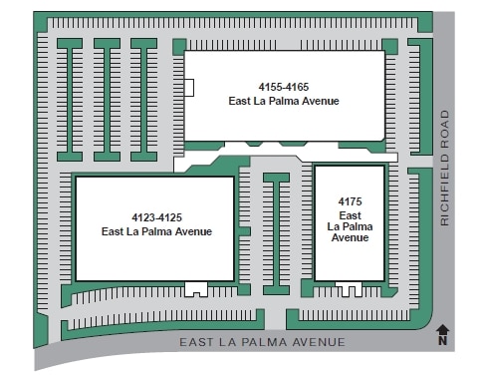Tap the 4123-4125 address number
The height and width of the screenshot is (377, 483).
(x=156, y=217)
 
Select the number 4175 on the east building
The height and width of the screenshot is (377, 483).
(x=350, y=202)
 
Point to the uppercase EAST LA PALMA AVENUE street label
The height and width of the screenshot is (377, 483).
(x=262, y=342)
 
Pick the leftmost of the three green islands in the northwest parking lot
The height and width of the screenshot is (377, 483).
(x=70, y=99)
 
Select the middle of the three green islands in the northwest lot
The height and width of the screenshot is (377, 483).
(x=107, y=99)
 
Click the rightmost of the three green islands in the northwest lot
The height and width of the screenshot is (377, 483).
(x=143, y=99)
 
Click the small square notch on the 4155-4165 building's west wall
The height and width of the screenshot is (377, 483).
(x=188, y=88)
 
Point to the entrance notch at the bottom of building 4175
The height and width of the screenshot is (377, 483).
(x=348, y=289)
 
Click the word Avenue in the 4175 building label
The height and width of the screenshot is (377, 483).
(x=350, y=238)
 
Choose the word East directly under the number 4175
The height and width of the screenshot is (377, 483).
(x=350, y=214)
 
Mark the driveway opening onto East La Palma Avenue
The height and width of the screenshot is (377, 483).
(x=274, y=319)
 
